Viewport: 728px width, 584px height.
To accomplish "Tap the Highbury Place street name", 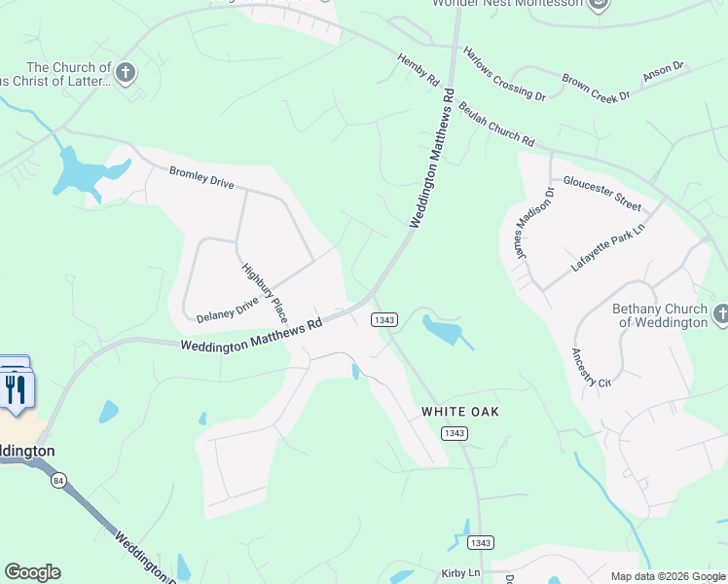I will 265,292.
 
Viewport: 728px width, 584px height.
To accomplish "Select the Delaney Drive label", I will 228,310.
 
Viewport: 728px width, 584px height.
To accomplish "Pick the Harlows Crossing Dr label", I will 504,73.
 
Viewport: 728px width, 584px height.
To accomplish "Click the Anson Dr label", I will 664,72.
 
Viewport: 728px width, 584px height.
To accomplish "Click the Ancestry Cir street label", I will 591,368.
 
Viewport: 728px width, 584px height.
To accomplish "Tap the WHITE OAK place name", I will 460,412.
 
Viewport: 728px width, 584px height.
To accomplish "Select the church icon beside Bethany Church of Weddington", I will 720,313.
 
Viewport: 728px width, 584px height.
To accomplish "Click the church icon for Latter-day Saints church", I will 125,72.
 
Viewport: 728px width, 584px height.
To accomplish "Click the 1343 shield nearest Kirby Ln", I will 479,542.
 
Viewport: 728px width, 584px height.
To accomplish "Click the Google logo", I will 32,572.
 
